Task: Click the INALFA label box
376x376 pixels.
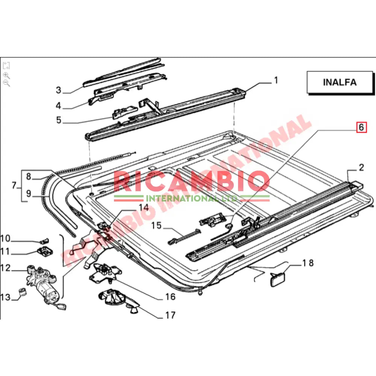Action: [x=334, y=82]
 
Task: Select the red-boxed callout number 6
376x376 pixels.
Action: [x=361, y=127]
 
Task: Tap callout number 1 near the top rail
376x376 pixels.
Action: [x=276, y=80]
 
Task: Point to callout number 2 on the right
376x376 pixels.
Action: [x=361, y=168]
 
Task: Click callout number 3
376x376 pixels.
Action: [x=58, y=90]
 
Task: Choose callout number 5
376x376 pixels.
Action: [x=58, y=120]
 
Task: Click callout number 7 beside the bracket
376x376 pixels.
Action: [x=14, y=185]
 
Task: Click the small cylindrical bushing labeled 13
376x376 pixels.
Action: [x=22, y=292]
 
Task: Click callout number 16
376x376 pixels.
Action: [x=170, y=297]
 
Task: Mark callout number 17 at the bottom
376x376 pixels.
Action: [x=170, y=315]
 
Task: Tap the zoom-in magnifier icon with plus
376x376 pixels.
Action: [x=6, y=75]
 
